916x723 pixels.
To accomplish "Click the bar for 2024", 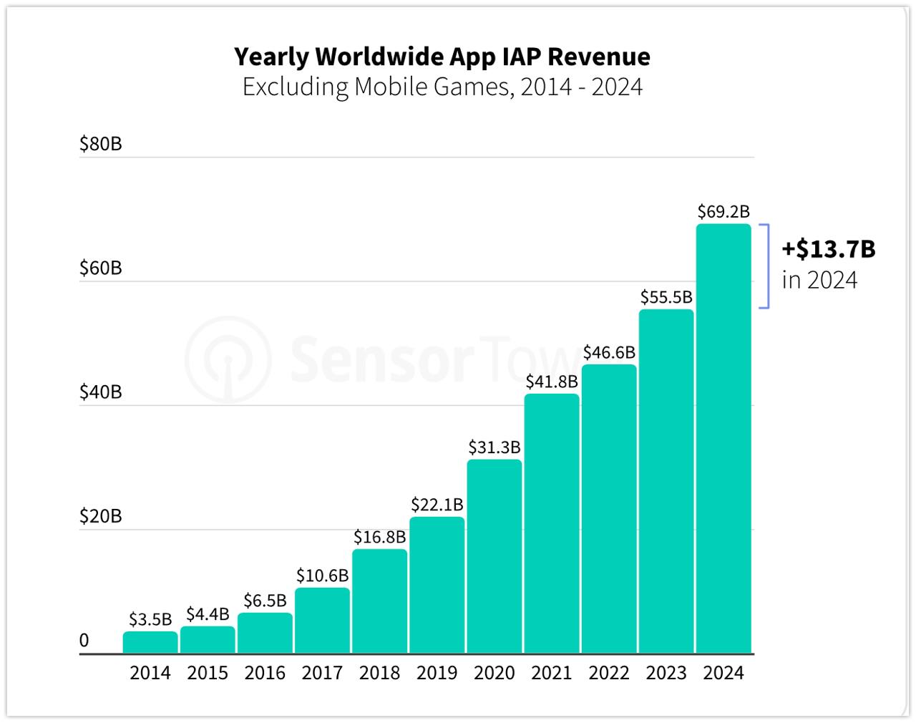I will [723, 438].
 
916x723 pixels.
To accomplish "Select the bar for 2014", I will [150, 642].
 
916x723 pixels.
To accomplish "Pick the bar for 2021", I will [552, 523].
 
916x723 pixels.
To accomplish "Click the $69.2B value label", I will [723, 212].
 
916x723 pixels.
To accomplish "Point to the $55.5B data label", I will [666, 297].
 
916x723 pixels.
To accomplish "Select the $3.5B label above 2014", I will [150, 619].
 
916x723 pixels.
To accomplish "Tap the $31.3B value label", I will [494, 447].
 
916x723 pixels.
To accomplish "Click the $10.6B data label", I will [323, 576].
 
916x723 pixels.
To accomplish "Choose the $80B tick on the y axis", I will [101, 145].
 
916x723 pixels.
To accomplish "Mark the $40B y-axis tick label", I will [101, 392].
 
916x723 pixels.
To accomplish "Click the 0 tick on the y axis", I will [84, 641].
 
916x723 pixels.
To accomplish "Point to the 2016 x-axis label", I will [265, 674].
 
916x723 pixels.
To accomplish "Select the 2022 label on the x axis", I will [609, 674].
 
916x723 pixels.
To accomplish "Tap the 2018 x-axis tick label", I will [379, 674].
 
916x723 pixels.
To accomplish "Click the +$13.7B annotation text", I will [829, 249].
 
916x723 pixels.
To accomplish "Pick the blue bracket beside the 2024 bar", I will [766, 266].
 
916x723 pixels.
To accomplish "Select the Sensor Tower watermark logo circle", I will [228, 358].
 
